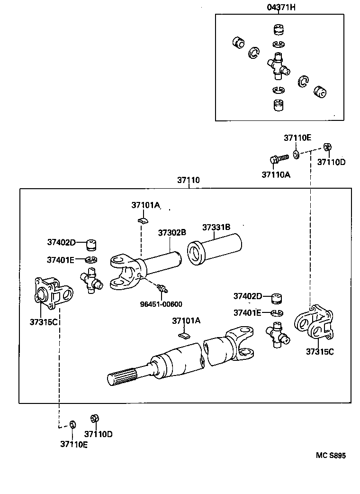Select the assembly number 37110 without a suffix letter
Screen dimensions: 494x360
(x=189, y=180)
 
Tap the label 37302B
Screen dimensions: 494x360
(x=171, y=232)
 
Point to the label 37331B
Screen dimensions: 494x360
(x=216, y=227)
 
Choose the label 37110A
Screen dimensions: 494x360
(x=276, y=174)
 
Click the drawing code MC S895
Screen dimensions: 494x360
(x=331, y=456)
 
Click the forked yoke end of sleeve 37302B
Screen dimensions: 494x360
(x=124, y=272)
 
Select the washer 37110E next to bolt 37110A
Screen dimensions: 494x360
(x=295, y=154)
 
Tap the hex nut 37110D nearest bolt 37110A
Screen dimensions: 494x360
(x=326, y=146)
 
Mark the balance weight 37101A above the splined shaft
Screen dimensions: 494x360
(x=184, y=336)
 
